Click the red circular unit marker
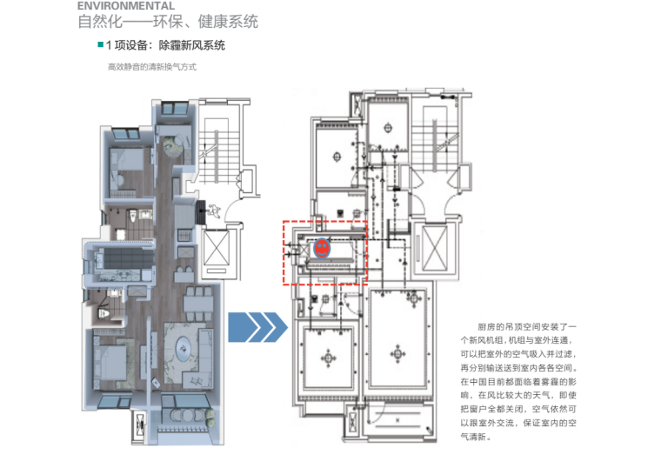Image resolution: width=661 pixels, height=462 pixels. point(321,248)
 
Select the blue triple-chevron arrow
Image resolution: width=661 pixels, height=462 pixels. point(256,328)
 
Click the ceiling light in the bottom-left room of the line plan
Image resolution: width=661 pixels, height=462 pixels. point(329,356)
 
